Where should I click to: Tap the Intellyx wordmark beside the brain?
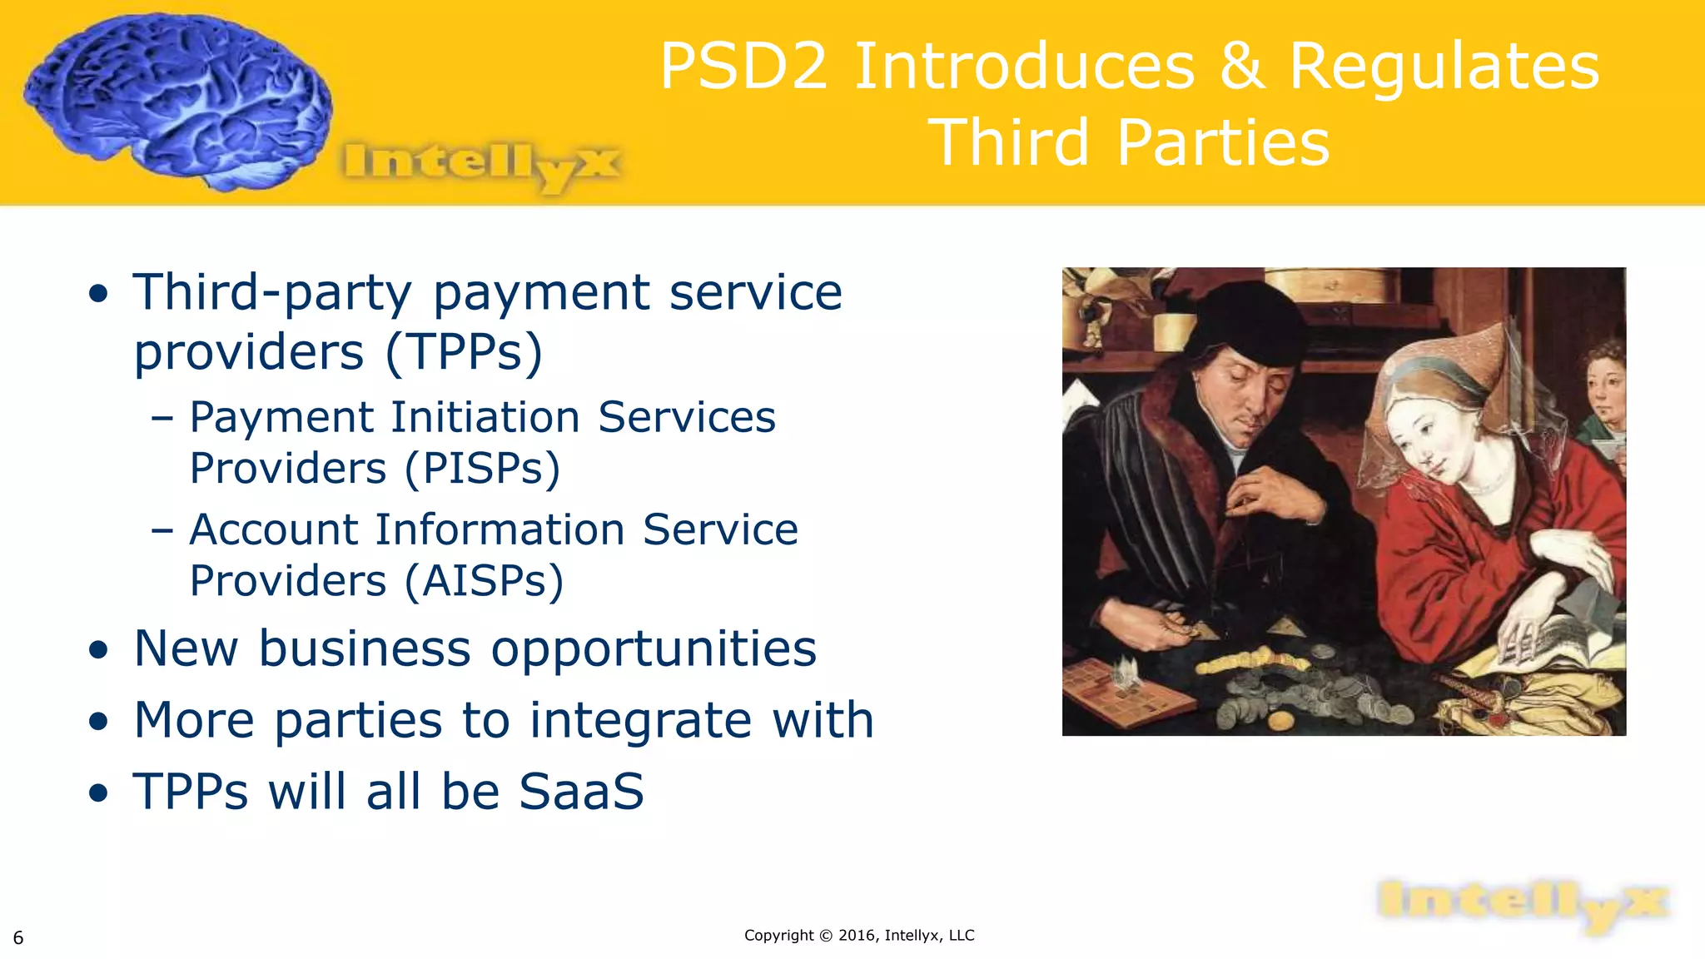click(x=481, y=165)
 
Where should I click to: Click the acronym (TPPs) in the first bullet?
click(x=464, y=352)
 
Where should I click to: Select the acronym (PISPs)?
click(x=483, y=469)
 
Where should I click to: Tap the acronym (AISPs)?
click(x=485, y=581)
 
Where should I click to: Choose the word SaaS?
click(x=581, y=792)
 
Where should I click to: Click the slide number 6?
click(x=18, y=938)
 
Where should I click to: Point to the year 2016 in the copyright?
click(x=857, y=936)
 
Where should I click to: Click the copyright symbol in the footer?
click(x=826, y=936)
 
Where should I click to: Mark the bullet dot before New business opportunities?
click(x=99, y=650)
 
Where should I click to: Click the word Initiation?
click(x=485, y=417)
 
